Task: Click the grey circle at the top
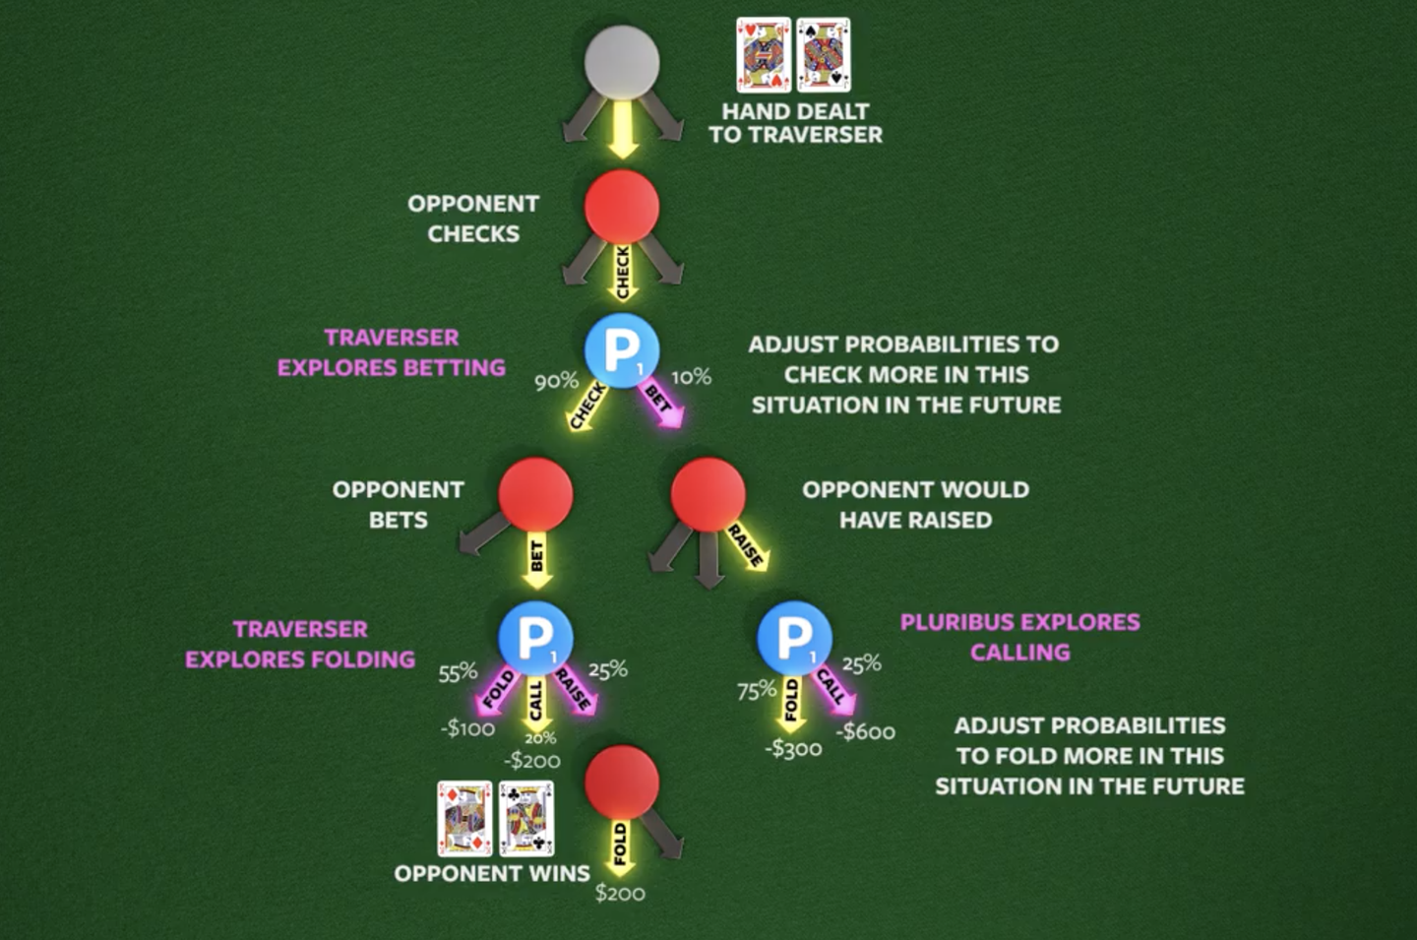(622, 63)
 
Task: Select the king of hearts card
(764, 55)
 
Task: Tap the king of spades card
(823, 55)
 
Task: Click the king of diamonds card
(464, 819)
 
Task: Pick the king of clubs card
(526, 819)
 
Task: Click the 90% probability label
(556, 382)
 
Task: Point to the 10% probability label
(691, 378)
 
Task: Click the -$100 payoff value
(467, 728)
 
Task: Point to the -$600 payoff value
(865, 732)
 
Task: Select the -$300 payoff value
(793, 749)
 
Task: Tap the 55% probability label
(458, 673)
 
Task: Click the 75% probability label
(757, 691)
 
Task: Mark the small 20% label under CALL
(540, 737)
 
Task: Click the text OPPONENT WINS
(492, 874)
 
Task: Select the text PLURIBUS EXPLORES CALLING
(1019, 637)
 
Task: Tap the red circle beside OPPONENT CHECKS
(622, 207)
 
